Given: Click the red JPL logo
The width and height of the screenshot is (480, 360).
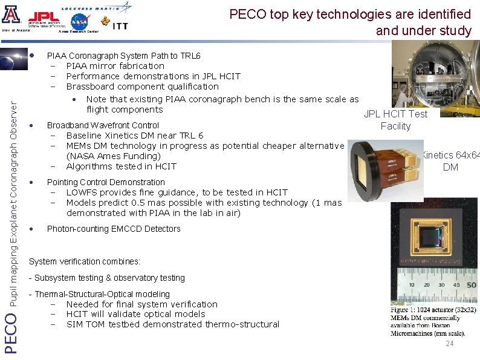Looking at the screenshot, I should click(44, 17).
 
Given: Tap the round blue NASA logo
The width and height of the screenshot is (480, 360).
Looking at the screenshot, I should click(79, 21).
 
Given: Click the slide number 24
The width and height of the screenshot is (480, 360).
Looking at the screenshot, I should click(449, 344).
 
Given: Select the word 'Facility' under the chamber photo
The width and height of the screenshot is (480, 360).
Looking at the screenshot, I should click(395, 126).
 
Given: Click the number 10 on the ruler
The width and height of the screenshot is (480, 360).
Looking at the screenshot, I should click(410, 284).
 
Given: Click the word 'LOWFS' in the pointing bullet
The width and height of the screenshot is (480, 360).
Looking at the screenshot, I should click(82, 192).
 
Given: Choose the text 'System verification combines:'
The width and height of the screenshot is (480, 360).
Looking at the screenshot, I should click(84, 261).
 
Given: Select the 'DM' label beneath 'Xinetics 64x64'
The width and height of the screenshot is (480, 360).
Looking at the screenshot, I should click(450, 167).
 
